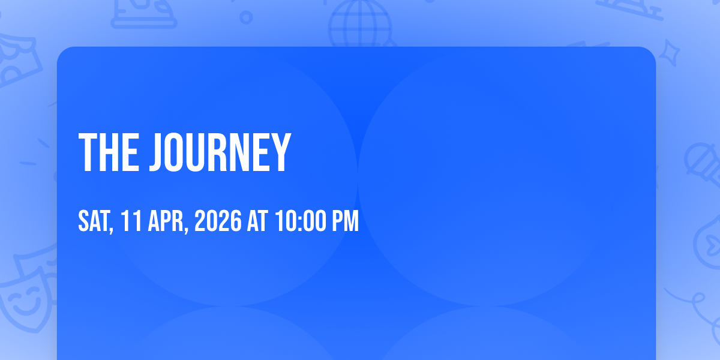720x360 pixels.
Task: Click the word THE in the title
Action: [x=109, y=152]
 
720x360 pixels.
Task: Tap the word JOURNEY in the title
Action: [x=220, y=152]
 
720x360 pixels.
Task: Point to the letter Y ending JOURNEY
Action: [x=280, y=152]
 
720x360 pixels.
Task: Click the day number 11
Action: [x=131, y=221]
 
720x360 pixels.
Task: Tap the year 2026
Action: [x=218, y=221]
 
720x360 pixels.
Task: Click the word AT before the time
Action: [x=257, y=221]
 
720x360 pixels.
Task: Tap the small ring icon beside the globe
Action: [x=246, y=17]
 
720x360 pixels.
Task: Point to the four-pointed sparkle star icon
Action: [x=669, y=53]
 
